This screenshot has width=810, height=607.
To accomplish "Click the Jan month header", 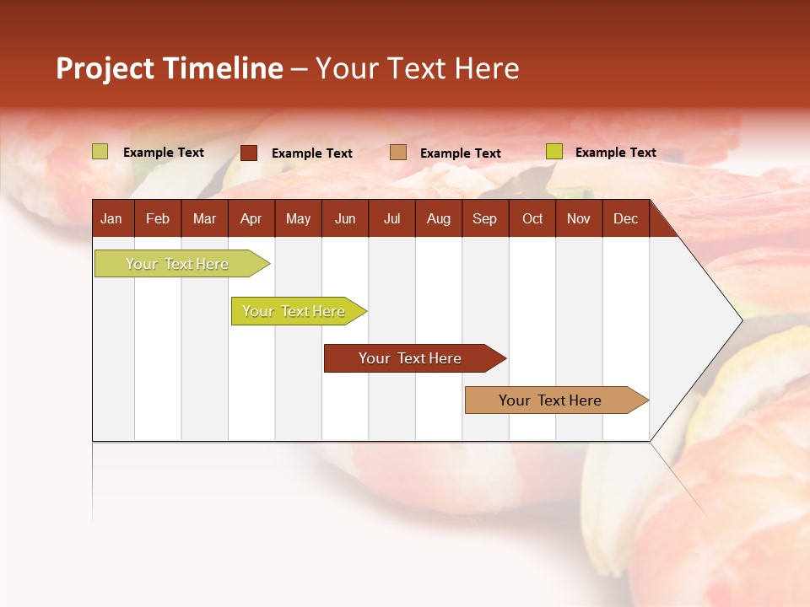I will [111, 219].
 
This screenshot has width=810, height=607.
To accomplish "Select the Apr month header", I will [251, 219].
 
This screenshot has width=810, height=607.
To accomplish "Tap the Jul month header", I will [391, 219].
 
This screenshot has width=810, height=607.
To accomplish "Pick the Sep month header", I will [484, 219].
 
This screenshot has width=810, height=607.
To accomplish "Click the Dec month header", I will [625, 219].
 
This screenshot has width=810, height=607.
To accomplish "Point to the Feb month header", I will [158, 219].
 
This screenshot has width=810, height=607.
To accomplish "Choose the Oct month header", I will [532, 219].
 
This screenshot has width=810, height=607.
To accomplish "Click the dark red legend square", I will [249, 153].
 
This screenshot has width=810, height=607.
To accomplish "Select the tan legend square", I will [398, 153].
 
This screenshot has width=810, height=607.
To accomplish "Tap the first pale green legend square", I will [100, 152].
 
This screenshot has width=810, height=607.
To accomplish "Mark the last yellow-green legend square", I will [554, 152].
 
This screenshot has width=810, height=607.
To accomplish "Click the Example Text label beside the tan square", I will [461, 153].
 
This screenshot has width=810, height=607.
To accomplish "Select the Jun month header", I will [345, 219].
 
